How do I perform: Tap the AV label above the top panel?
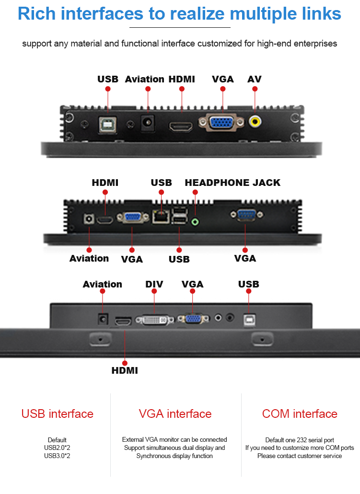(255, 79)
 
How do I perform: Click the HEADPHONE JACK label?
(232, 183)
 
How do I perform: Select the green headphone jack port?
(195, 222)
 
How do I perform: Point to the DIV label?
(154, 284)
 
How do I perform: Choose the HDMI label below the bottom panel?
(125, 370)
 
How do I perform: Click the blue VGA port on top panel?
(220, 122)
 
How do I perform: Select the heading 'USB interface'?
(58, 414)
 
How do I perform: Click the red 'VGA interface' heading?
(175, 414)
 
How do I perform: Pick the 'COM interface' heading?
(300, 414)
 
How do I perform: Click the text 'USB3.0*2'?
(58, 456)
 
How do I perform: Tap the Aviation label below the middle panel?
(89, 258)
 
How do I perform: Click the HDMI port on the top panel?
(181, 126)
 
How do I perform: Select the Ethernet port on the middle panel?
(159, 217)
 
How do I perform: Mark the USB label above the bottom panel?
(249, 284)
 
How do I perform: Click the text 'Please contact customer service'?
(300, 456)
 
